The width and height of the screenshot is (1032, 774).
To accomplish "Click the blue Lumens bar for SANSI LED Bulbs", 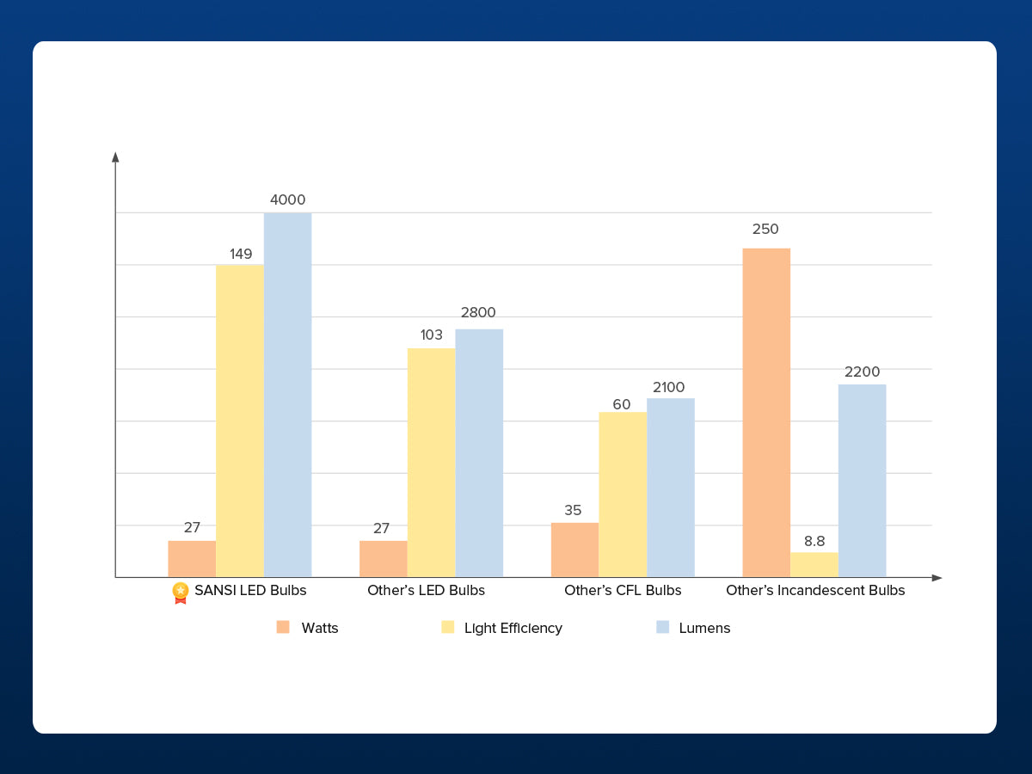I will tap(287, 395).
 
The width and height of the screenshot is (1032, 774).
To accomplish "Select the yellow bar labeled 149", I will tap(240, 421).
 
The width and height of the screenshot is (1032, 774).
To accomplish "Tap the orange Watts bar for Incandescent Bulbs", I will tap(766, 413).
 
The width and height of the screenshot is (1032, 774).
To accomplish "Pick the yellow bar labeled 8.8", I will tap(814, 564).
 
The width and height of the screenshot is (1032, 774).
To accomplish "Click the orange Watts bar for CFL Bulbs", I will tap(574, 550).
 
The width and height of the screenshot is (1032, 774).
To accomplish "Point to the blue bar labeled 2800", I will tap(479, 452).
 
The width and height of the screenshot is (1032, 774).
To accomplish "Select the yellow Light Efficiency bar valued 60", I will tap(623, 494).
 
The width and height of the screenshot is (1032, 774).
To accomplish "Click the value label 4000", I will tap(287, 200).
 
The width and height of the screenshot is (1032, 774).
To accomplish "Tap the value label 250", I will tap(765, 230).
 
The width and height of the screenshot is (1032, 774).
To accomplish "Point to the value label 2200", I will tap(862, 372).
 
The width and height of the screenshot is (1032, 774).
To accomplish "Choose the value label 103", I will tap(431, 335).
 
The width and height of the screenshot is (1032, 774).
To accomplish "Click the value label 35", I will tap(573, 510).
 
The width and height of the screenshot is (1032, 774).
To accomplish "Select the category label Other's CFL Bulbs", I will tap(623, 591).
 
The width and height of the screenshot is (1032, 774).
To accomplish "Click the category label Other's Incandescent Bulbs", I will tap(815, 591).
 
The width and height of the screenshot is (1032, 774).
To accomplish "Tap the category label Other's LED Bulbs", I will tap(426, 591).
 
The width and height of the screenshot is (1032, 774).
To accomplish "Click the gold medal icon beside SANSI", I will tap(180, 592).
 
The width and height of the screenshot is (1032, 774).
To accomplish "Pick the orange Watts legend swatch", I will tap(283, 627).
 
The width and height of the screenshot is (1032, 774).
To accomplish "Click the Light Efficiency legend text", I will tap(513, 629).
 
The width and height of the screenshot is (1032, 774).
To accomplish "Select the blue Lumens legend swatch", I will tap(662, 627).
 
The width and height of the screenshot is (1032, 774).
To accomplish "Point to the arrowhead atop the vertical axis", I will tap(115, 157).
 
